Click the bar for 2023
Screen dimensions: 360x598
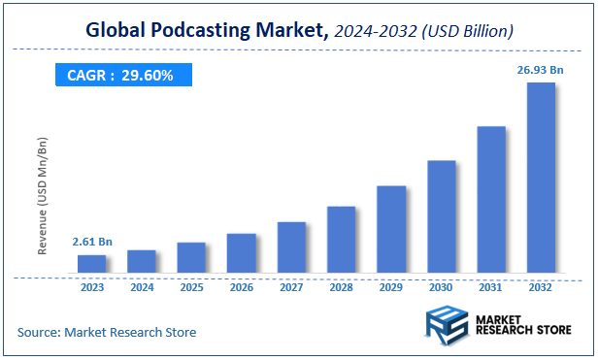click(91, 263)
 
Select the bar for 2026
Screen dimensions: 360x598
click(241, 252)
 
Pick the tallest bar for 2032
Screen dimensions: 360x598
click(541, 177)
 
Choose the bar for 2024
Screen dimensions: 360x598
click(142, 260)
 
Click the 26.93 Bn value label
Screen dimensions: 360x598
click(540, 69)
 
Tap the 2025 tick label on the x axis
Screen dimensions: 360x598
click(191, 287)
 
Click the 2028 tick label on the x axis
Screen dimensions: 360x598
click(341, 287)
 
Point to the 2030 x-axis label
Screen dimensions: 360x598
click(441, 287)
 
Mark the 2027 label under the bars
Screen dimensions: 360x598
click(291, 287)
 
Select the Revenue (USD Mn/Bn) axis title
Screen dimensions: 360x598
click(44, 196)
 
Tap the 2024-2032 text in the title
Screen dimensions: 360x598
click(377, 31)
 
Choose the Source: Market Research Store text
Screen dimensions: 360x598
click(107, 333)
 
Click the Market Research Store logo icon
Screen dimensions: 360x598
click(448, 324)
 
